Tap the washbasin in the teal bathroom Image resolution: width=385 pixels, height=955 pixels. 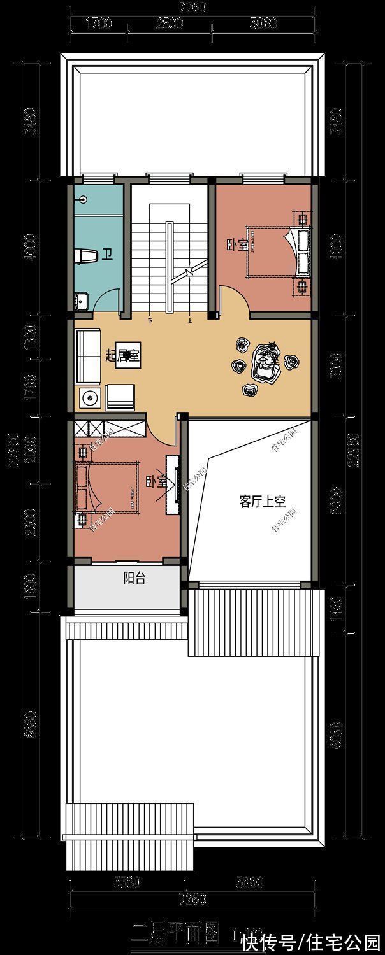(80, 299)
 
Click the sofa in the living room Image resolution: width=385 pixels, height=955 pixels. (87, 355)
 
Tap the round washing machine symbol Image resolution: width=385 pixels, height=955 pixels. (89, 399)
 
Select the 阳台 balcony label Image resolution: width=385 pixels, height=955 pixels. (133, 578)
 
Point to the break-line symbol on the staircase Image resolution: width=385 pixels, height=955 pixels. (190, 272)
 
